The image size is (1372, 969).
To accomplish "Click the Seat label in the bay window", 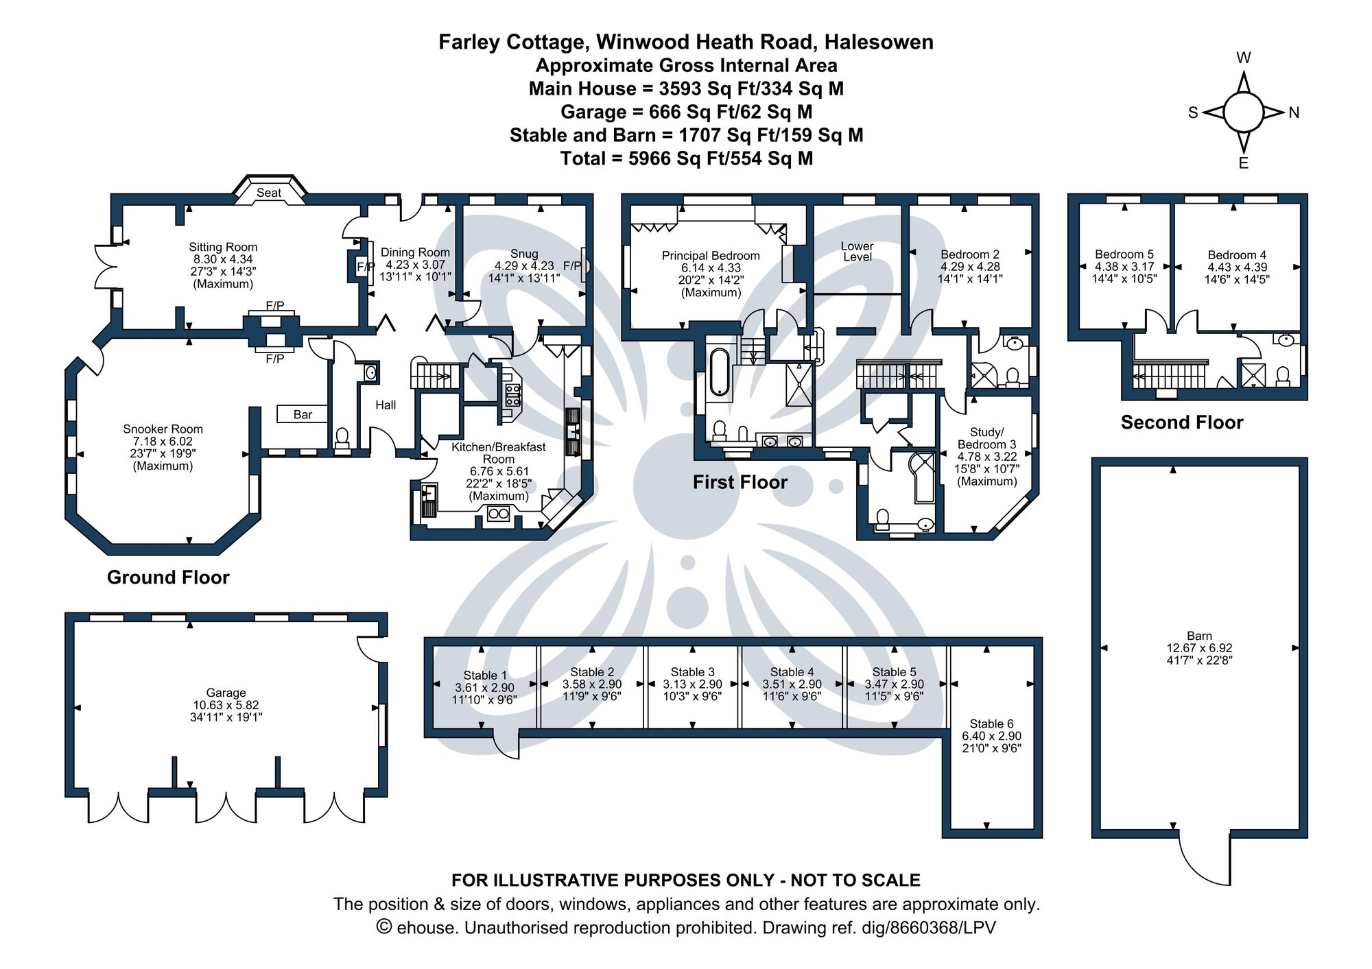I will (x=269, y=193).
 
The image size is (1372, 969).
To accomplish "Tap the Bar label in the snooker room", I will (x=303, y=414).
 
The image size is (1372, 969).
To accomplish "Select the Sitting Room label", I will (x=223, y=247).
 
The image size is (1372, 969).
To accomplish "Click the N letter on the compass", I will (x=1294, y=113).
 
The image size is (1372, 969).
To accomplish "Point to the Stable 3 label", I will (x=692, y=672).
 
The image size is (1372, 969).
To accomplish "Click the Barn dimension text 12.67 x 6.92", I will (x=1199, y=648).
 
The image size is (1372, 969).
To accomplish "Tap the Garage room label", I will (x=226, y=693).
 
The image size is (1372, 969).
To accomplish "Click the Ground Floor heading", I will (x=168, y=577).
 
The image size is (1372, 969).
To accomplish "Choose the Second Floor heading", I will (x=1181, y=422).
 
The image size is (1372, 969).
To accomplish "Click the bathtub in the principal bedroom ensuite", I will (x=720, y=372).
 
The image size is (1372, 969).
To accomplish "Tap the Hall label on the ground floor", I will (x=386, y=405).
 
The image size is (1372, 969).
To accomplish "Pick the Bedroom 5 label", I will (x=1124, y=254).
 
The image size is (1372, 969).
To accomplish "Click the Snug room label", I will (x=524, y=254).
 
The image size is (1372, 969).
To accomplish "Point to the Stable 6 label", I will (x=991, y=723).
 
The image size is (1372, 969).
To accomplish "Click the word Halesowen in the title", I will (x=878, y=43).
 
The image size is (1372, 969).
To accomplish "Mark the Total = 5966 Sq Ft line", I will (x=686, y=158).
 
